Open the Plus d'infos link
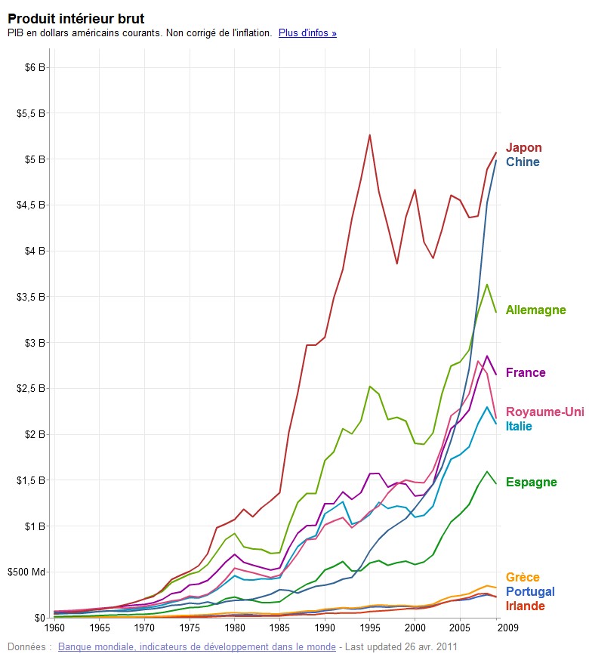point(307,33)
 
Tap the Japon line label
point(523,148)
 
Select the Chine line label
point(523,162)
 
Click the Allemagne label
point(535,310)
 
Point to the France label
point(526,373)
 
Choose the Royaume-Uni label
point(544,412)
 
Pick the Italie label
point(519,427)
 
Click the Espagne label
point(531,483)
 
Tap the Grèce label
point(523,578)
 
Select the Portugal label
point(530,592)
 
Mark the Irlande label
point(525,606)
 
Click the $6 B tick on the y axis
point(35,67)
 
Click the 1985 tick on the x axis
point(279,628)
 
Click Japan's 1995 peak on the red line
point(370,135)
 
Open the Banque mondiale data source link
point(196,647)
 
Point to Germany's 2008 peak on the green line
point(487,285)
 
